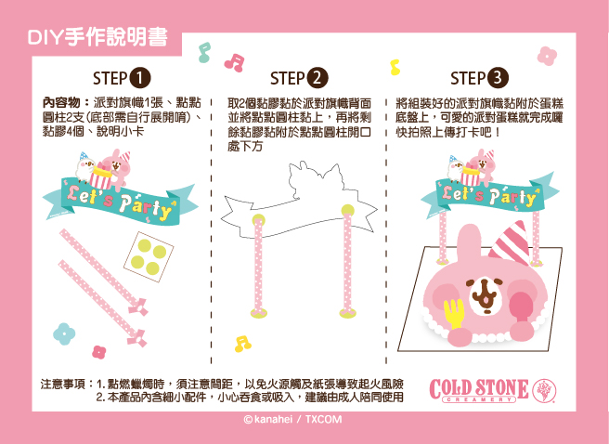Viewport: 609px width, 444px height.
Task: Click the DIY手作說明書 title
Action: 97,38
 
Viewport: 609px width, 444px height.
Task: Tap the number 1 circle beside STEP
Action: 140,78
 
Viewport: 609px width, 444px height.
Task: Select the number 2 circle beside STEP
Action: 317,78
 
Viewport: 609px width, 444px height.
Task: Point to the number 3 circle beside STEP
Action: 498,78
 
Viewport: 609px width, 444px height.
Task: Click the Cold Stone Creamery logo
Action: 493,390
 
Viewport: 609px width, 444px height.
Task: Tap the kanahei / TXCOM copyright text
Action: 292,420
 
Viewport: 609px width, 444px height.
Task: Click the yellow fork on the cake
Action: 454,314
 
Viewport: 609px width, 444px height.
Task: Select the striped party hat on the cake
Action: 510,242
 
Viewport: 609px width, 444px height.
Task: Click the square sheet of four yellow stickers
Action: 149,256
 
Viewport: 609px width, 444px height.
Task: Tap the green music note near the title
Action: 204,52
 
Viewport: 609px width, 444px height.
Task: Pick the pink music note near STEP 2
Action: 234,62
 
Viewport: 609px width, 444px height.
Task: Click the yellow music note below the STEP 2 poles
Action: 242,345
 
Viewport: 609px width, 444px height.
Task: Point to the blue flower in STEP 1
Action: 64,333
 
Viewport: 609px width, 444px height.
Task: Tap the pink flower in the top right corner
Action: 547,56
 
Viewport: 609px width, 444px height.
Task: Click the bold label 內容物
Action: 61,103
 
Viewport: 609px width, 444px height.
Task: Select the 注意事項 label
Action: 63,385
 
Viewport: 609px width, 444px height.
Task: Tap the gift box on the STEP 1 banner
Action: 100,176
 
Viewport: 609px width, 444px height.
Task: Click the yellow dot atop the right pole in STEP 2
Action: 348,210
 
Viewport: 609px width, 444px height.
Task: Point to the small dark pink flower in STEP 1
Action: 99,352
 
